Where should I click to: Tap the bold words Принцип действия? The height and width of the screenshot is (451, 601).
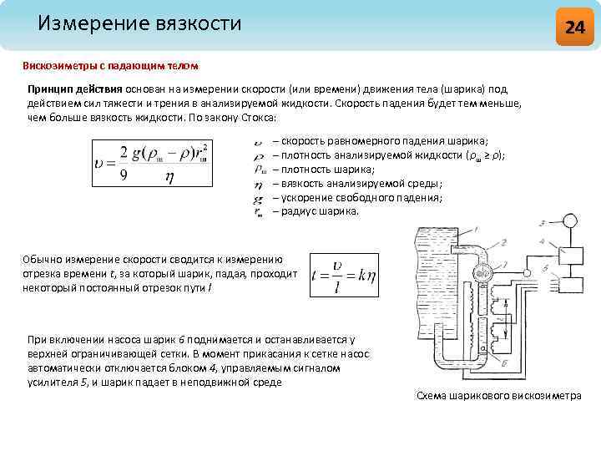point(74,89)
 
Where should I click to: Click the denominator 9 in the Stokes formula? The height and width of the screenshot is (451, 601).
point(124,175)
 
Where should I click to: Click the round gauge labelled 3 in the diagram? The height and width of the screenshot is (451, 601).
point(570,221)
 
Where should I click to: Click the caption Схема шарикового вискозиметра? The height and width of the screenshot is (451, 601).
point(498,395)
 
